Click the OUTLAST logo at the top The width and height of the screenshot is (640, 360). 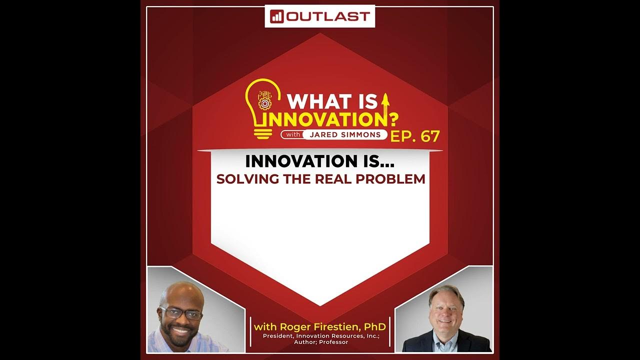click(x=319, y=16)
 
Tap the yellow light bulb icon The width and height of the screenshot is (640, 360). click(x=262, y=107)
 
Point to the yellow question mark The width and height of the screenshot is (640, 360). click(x=394, y=120)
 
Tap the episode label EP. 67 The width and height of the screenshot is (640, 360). click(x=415, y=136)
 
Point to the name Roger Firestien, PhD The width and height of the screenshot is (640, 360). click(x=320, y=327)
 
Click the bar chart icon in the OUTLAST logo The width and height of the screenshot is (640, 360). click(x=277, y=16)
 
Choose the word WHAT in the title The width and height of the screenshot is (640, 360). click(x=310, y=101)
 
